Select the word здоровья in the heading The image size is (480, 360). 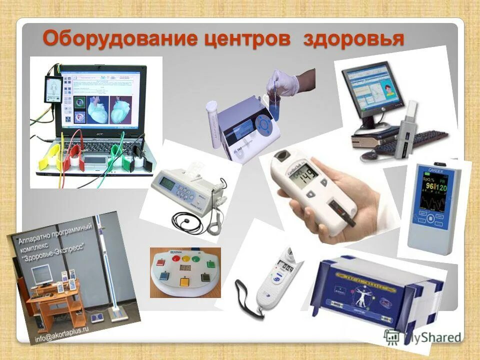pyautogui.click(x=353, y=38)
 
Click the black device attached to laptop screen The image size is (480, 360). pyautogui.click(x=53, y=90)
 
